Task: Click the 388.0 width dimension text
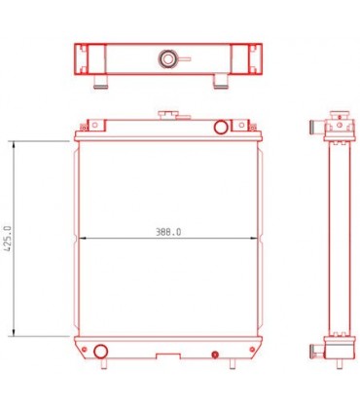click(x=168, y=232)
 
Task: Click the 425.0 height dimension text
click(x=8, y=237)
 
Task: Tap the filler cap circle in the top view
click(x=168, y=60)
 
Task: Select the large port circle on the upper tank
click(x=220, y=126)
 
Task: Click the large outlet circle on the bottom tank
click(x=100, y=351)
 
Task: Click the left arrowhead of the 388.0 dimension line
click(x=79, y=238)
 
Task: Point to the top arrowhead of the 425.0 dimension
click(x=14, y=143)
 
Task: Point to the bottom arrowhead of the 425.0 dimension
click(x=14, y=332)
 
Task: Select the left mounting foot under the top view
click(x=97, y=80)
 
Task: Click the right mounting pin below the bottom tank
click(x=234, y=364)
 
